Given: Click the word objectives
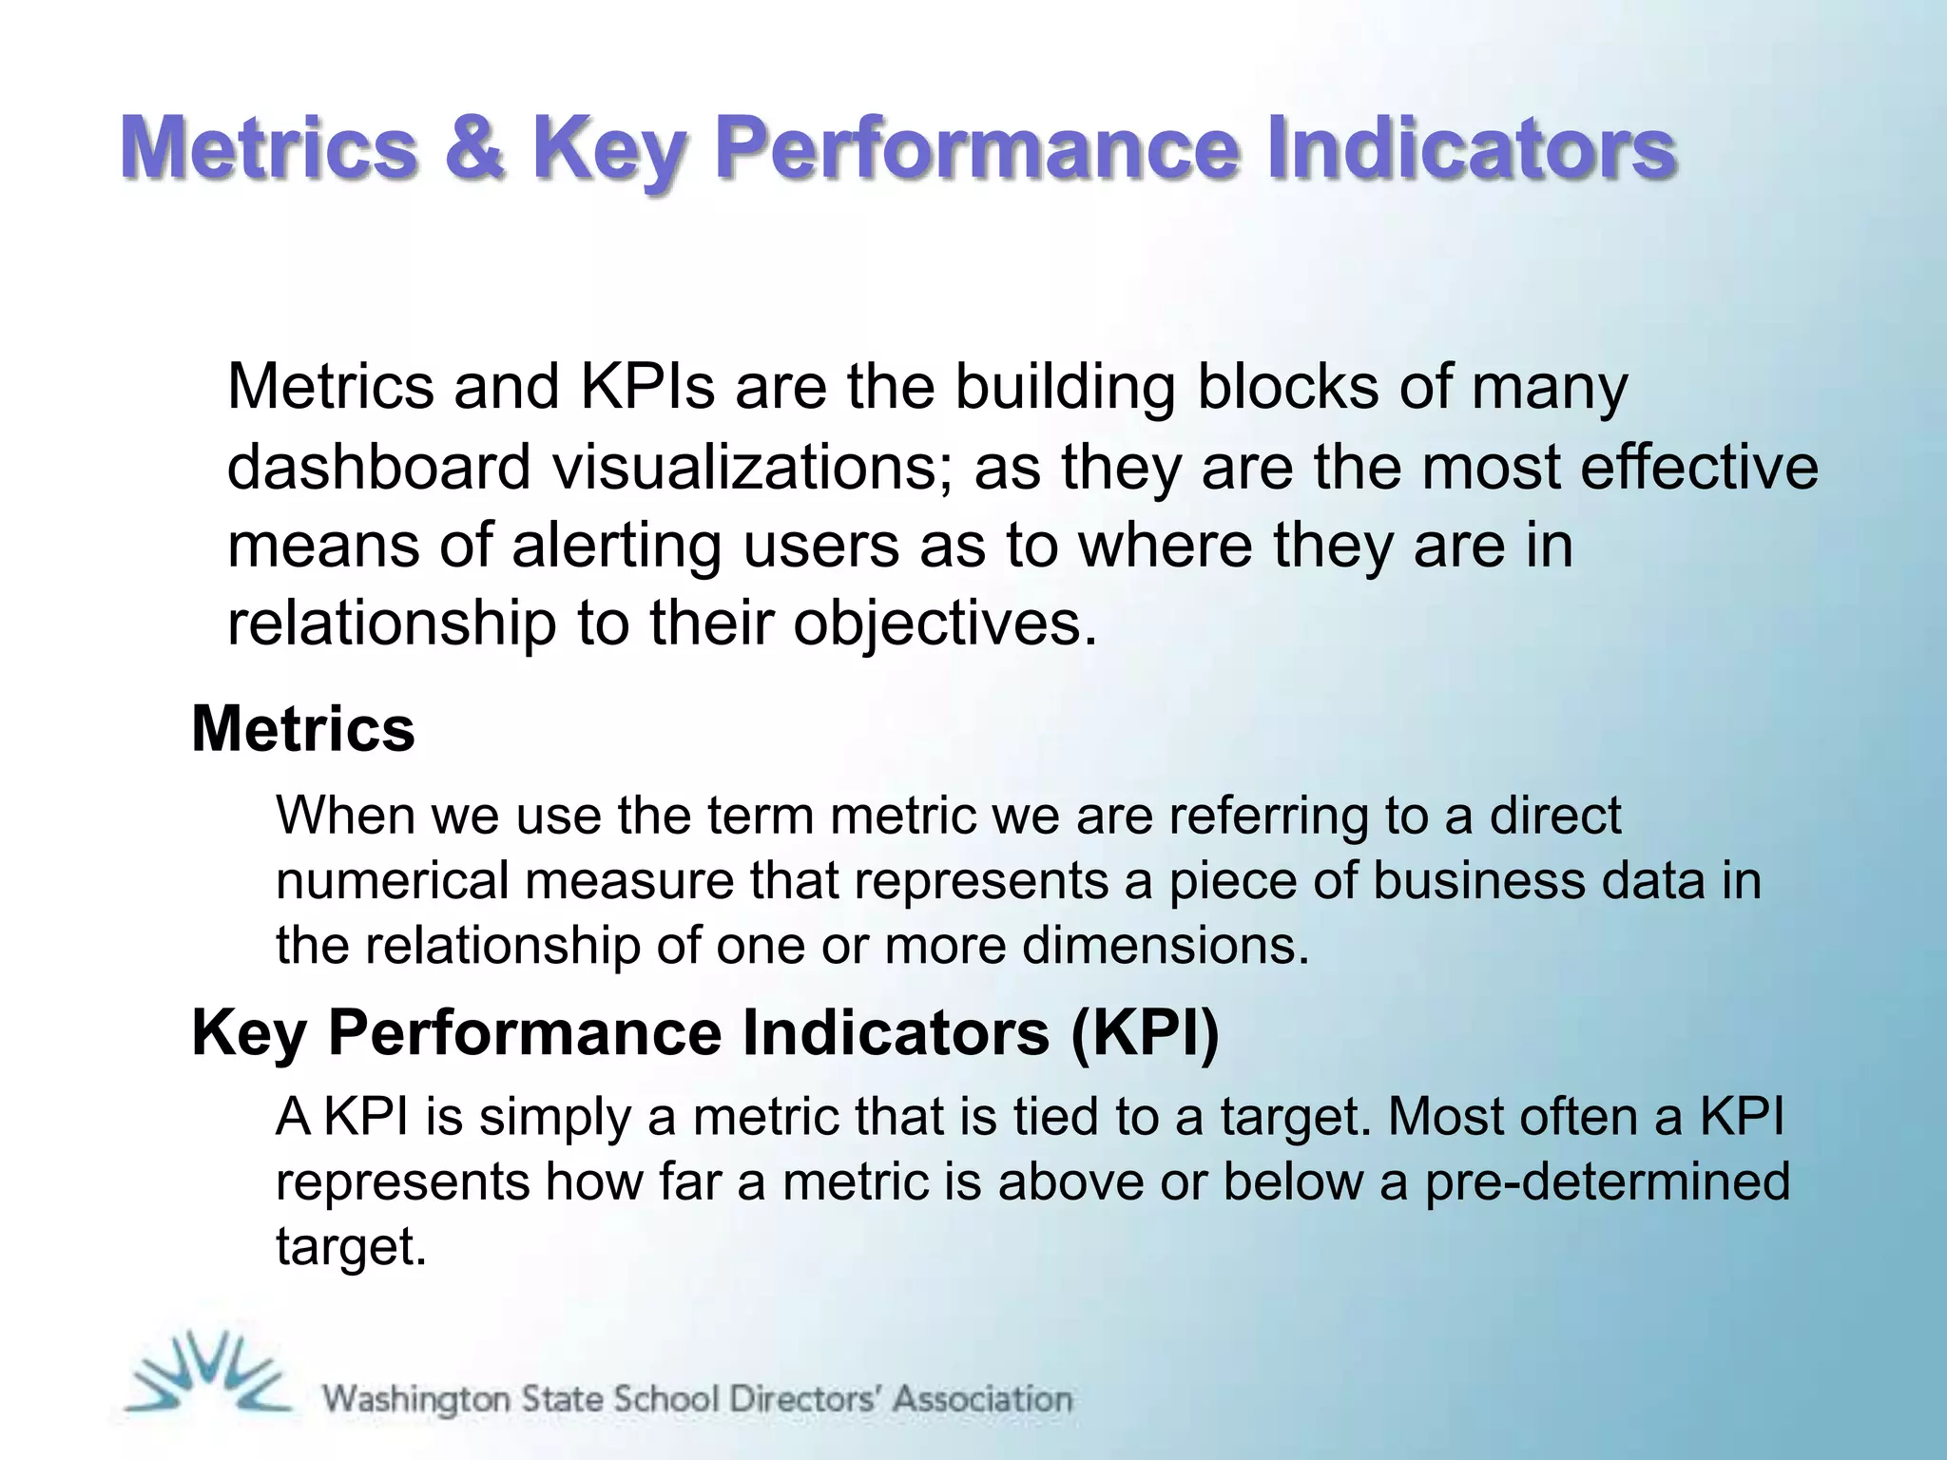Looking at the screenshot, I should [x=945, y=624].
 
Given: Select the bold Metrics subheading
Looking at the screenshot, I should [x=303, y=729].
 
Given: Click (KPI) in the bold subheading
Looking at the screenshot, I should [x=1144, y=1033].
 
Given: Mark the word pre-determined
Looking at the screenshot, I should [x=1607, y=1181].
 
